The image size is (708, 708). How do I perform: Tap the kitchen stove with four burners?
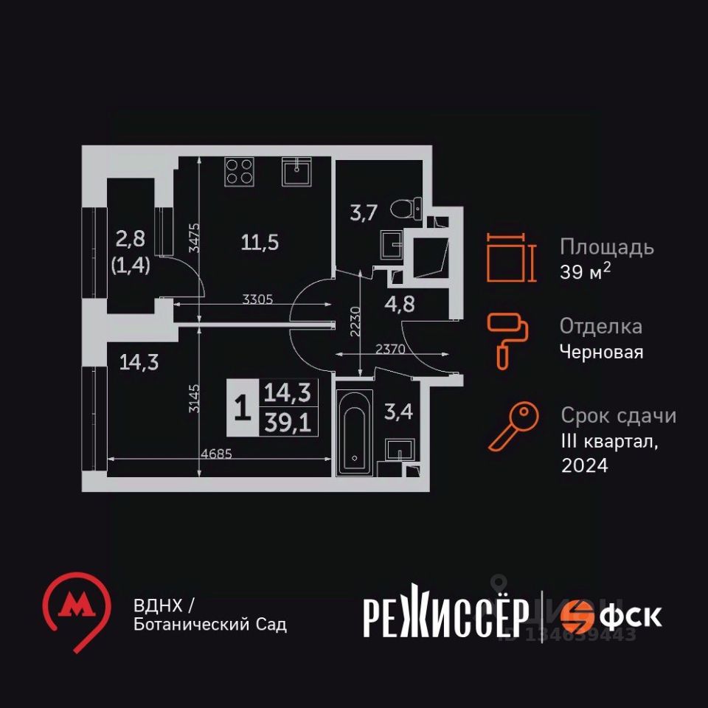coord(240,171)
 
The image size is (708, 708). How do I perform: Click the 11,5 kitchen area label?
coord(260,242)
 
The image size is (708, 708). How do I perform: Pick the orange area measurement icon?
coord(510,257)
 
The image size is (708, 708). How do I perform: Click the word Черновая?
coord(601,353)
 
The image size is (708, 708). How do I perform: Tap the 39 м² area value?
coord(586,274)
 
